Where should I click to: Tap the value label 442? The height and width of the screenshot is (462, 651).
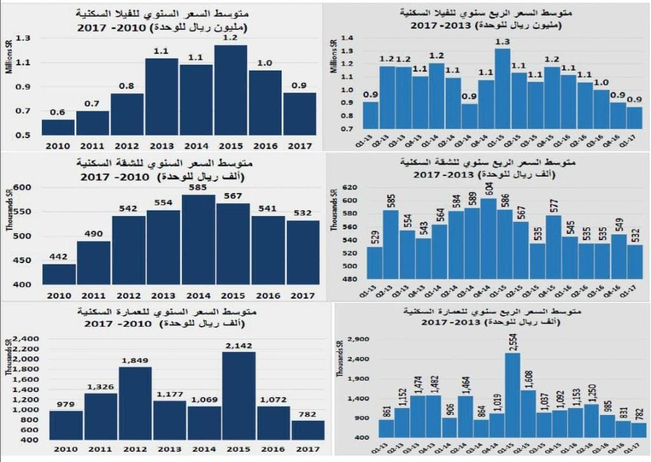click(x=59, y=256)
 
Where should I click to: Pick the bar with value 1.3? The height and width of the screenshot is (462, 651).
click(x=502, y=89)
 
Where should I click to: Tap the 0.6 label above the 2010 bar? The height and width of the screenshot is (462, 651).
click(x=58, y=112)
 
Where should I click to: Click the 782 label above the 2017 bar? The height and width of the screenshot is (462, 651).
click(x=308, y=413)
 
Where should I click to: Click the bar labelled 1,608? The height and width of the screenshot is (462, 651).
click(x=528, y=413)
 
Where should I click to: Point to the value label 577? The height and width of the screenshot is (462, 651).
click(x=553, y=205)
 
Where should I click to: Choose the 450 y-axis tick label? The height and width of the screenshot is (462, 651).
click(x=23, y=260)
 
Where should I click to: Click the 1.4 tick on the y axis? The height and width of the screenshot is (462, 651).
click(x=347, y=38)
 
